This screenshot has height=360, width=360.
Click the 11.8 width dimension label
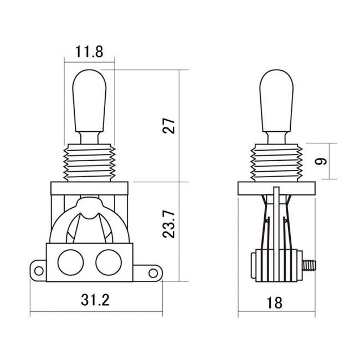coord(89,53)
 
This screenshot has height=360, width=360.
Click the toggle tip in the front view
coord(89,100)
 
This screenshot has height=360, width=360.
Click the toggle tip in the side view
coord(275,100)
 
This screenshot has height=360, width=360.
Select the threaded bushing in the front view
coord(89,162)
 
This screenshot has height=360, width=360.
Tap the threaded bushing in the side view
coord(275,162)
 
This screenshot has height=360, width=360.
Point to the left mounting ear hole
coord(38,271)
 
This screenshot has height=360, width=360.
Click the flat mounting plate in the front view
coord(89,189)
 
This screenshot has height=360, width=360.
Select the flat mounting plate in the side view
coord(275,189)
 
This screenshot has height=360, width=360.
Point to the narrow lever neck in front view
coord(89,136)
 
